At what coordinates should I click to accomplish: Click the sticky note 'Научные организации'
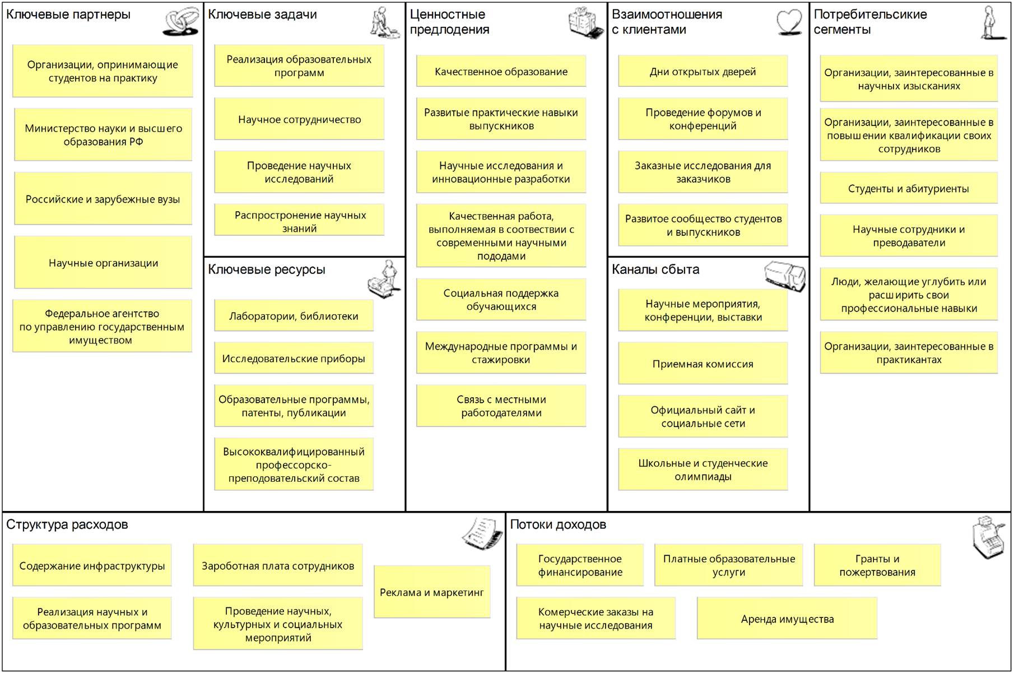pos(103,263)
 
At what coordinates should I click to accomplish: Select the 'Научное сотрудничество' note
pos(299,119)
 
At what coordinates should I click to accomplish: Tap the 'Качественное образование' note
pos(501,72)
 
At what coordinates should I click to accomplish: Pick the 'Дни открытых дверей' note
pos(703,72)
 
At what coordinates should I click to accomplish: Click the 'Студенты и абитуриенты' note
pos(908,189)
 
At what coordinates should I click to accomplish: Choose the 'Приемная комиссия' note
pos(703,364)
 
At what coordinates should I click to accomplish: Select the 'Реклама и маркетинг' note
pos(431,592)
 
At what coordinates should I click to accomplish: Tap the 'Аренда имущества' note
pos(787,619)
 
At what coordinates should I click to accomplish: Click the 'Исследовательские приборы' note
pos(294,359)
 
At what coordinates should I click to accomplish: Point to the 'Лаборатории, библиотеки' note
pos(294,316)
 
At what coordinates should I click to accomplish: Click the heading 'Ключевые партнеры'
pos(68,15)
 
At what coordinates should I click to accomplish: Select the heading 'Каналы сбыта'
pos(655,269)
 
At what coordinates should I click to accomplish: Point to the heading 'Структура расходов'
pos(67,525)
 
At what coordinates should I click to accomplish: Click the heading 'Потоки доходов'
pos(558,525)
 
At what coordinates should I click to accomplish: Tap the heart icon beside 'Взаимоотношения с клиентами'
pos(789,23)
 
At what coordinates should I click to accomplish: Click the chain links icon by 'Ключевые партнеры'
pos(181,22)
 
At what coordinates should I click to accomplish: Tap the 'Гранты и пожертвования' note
pos(877,565)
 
